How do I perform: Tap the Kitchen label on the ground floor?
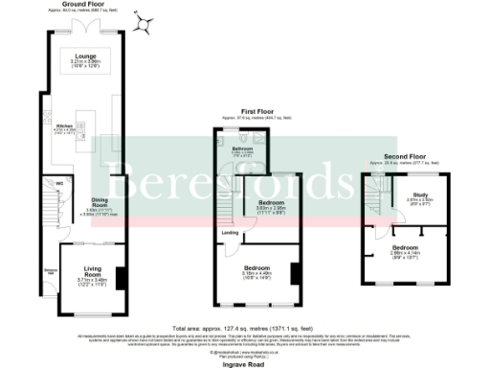(64, 126)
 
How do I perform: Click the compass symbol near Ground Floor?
(145, 24)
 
